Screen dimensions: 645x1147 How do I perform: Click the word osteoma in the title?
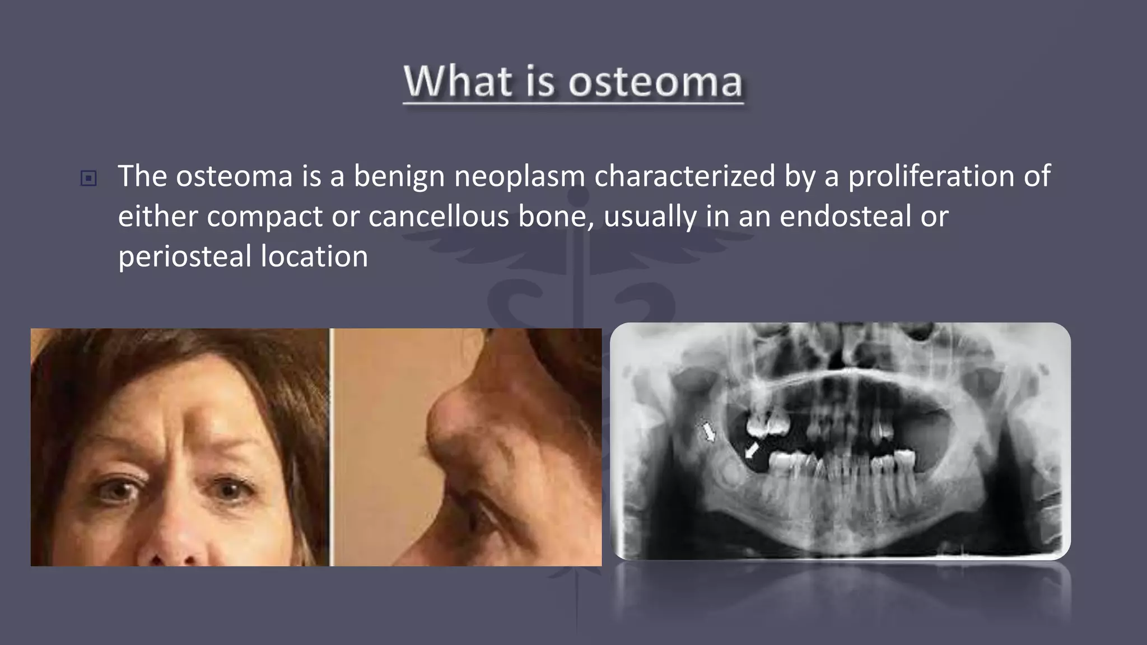click(x=655, y=82)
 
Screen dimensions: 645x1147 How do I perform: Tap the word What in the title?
click(x=458, y=82)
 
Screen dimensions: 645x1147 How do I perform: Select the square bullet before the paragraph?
click(x=88, y=179)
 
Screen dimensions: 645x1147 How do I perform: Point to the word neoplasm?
click(x=519, y=176)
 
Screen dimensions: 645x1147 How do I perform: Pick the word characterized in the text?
click(x=684, y=176)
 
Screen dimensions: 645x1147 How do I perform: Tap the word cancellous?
click(x=438, y=217)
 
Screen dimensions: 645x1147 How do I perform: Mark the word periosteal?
click(x=185, y=257)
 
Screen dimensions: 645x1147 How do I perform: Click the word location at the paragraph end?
click(x=314, y=257)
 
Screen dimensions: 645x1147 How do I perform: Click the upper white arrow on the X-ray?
click(x=709, y=432)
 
